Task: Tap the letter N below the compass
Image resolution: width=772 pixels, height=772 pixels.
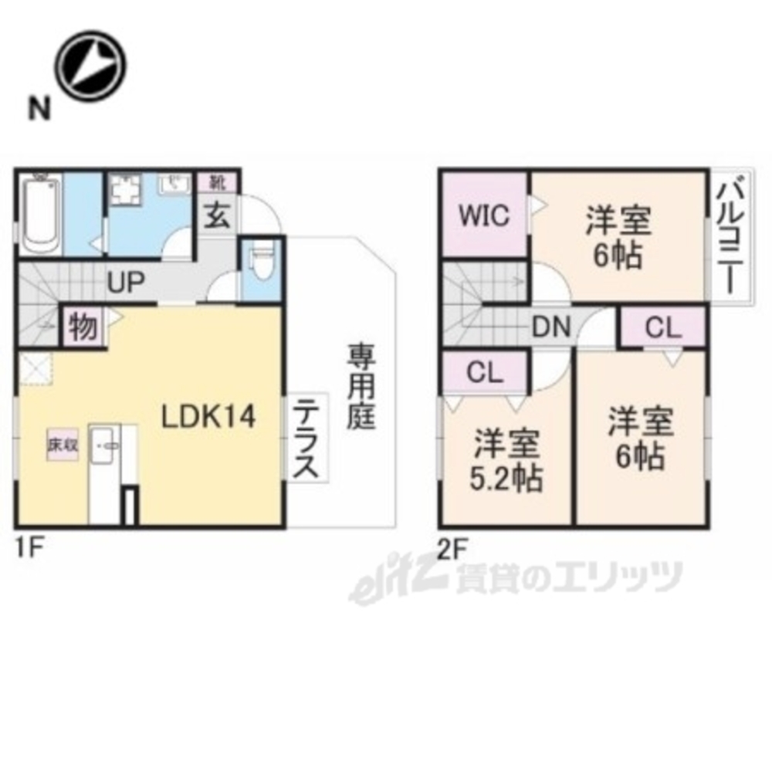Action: pos(37,109)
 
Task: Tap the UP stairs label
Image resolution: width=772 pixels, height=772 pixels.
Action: pos(126,283)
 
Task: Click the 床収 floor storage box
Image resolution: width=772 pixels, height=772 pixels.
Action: pos(63,445)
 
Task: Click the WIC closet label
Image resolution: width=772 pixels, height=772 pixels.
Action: pos(485,215)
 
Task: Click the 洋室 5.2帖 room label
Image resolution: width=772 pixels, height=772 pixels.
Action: pos(507,460)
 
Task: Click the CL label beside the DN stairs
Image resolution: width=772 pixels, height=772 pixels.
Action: pos(664,327)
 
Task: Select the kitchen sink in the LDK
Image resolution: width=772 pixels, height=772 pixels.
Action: pos(107,445)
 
